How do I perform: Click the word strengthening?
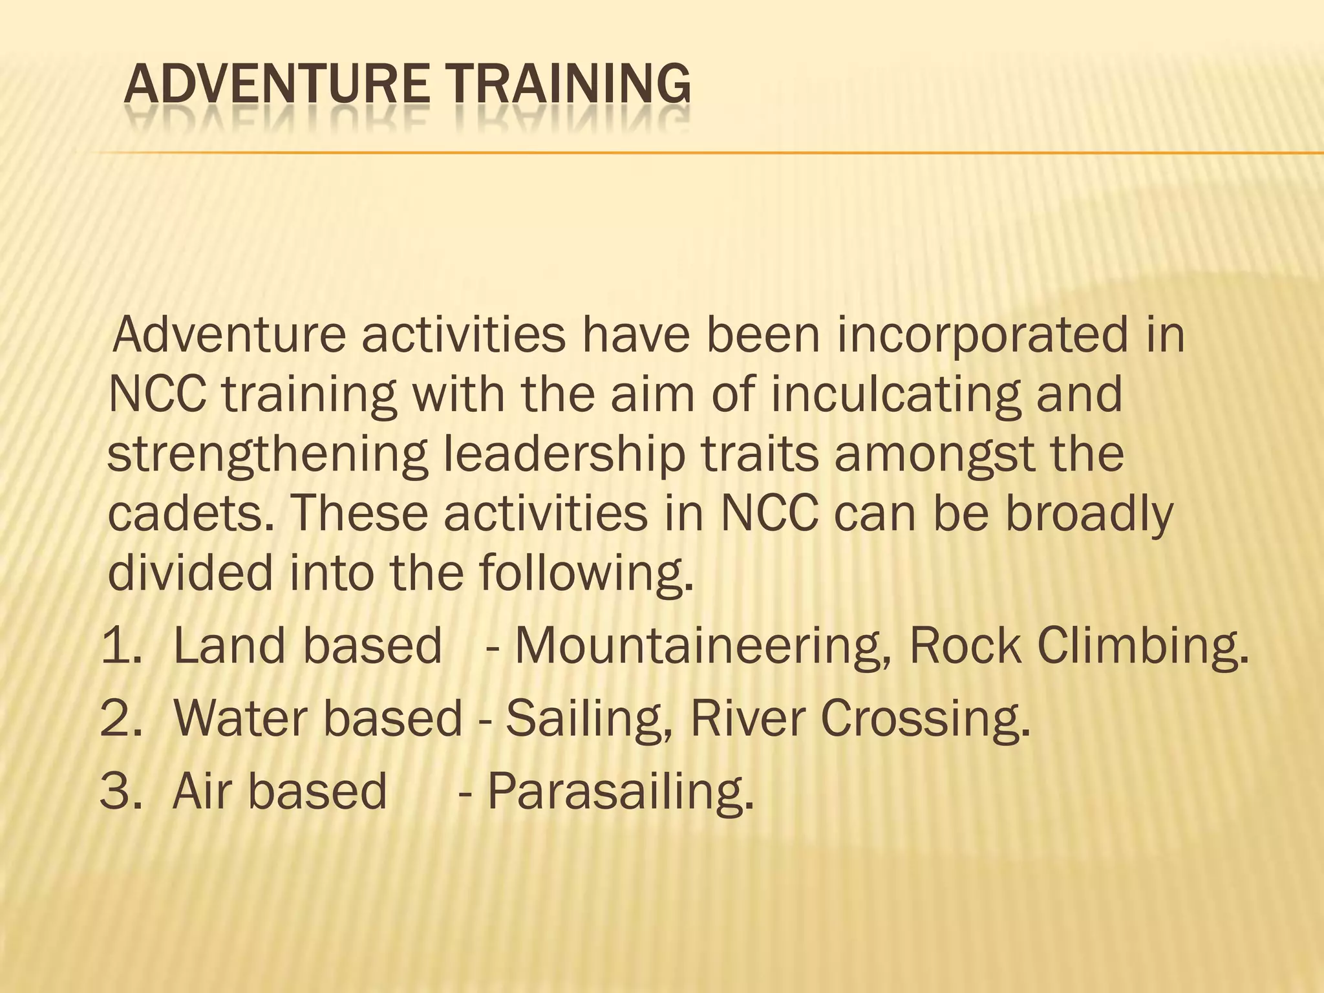tap(266, 454)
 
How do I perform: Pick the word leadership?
tap(564, 454)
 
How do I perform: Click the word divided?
tap(190, 573)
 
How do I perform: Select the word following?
tap(586, 573)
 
